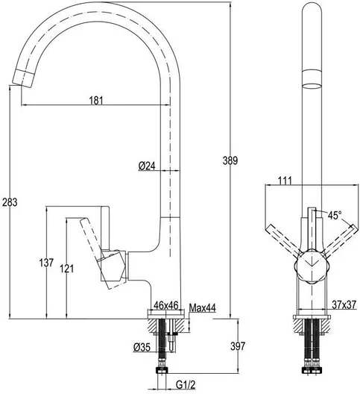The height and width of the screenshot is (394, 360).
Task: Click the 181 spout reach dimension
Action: [96, 100]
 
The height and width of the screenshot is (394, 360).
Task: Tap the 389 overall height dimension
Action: [230, 160]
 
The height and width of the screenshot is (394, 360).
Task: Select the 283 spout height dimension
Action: [10, 202]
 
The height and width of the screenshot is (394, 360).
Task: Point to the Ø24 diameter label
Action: [147, 166]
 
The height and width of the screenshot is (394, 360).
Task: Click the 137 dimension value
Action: [46, 263]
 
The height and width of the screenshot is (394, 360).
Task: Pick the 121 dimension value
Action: [67, 269]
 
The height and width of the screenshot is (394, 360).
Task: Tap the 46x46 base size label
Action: [166, 305]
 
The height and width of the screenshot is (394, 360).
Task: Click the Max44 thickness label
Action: [202, 307]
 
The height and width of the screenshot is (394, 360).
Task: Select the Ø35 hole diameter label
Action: [142, 348]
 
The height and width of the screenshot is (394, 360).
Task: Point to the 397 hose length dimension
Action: [238, 346]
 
